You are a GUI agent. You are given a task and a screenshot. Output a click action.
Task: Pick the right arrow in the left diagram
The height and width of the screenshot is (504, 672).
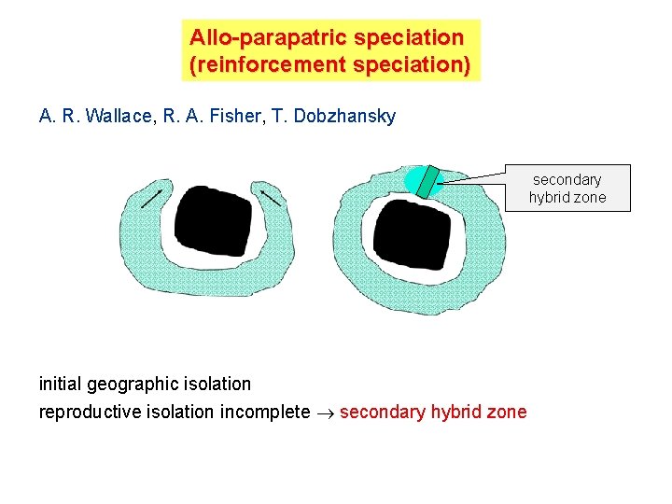[271, 198]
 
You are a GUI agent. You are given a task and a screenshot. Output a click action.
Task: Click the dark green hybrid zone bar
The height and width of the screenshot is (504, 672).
[428, 182]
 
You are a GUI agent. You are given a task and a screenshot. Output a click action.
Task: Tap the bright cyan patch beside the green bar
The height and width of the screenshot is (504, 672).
[412, 179]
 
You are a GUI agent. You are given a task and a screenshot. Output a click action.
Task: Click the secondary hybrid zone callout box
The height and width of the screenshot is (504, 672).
[567, 188]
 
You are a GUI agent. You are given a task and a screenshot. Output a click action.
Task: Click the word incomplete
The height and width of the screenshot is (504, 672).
[264, 412]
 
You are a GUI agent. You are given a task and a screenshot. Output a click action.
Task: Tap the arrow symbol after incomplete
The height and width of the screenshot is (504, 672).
[325, 413]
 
